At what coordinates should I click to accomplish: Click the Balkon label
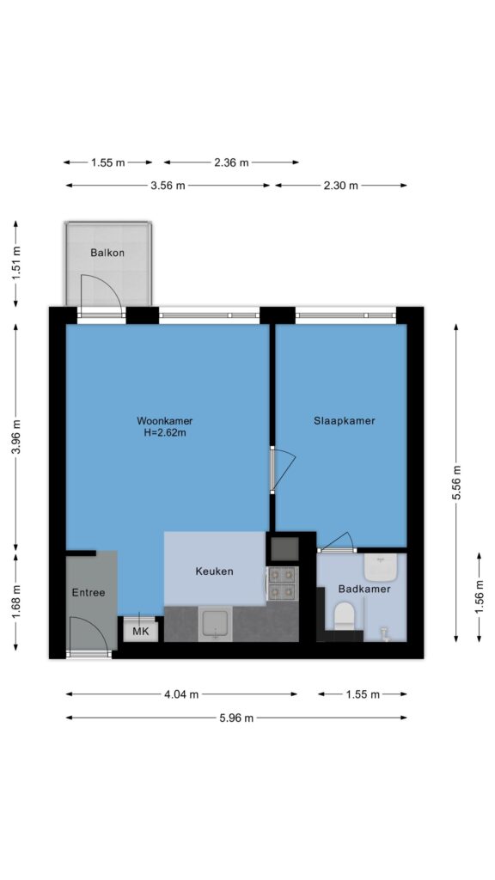tap(107, 253)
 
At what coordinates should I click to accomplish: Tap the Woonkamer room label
tap(164, 421)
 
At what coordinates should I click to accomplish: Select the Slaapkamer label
tap(344, 421)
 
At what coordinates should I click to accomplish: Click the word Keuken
tap(214, 571)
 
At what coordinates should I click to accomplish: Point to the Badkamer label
tap(364, 590)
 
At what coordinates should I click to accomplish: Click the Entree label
tap(89, 592)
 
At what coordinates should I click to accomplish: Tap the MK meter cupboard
tap(140, 632)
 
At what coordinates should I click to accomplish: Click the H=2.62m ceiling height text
tap(164, 433)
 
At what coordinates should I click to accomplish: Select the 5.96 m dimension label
tap(236, 718)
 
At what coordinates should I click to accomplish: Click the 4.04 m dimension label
tap(181, 694)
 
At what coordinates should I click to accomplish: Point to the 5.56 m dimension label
tap(457, 483)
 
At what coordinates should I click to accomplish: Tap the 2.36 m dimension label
tap(231, 162)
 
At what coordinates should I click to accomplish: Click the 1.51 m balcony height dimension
tap(15, 263)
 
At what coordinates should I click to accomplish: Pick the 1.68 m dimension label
tap(15, 601)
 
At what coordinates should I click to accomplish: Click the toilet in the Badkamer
tap(344, 617)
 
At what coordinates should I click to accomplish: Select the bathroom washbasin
tap(381, 568)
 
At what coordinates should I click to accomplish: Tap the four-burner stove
tap(282, 584)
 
